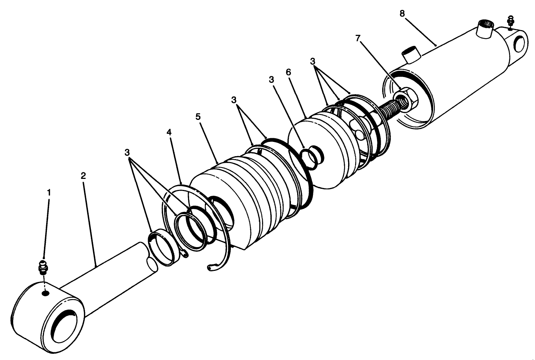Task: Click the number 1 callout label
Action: pos(49,192)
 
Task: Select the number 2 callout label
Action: pos(83,176)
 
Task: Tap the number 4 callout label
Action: pos(169,132)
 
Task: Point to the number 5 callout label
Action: pos(198,117)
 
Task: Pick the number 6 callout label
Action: pos(288,72)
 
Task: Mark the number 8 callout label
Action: pos(402,14)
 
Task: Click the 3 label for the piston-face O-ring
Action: pos(271,80)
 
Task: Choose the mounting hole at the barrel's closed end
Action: pos(520,43)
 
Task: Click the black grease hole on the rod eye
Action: pos(45,293)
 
